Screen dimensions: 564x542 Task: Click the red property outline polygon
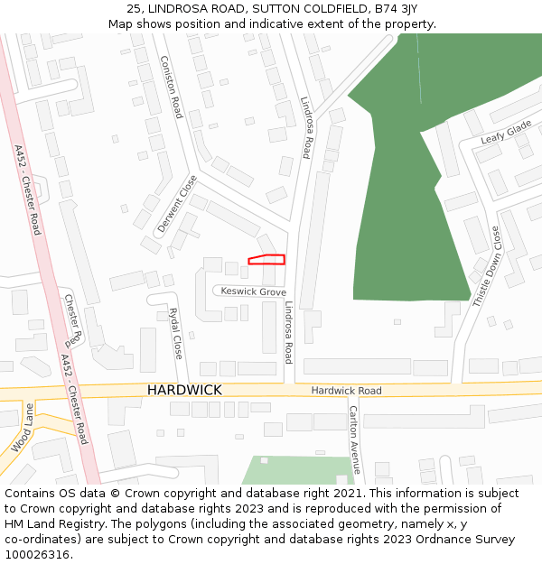click(x=266, y=260)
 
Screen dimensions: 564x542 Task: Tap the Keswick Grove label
click(x=253, y=292)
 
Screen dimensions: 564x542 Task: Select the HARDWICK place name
click(x=184, y=390)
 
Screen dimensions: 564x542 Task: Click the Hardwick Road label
click(x=346, y=391)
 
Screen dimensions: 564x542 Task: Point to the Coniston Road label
click(x=172, y=87)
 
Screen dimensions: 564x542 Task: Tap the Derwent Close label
click(x=176, y=204)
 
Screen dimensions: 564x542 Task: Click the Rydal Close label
click(x=176, y=331)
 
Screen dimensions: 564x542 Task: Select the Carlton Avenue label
click(x=354, y=439)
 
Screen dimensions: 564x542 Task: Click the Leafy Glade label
click(x=506, y=134)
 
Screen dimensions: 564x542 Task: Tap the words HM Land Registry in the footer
click(x=50, y=524)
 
